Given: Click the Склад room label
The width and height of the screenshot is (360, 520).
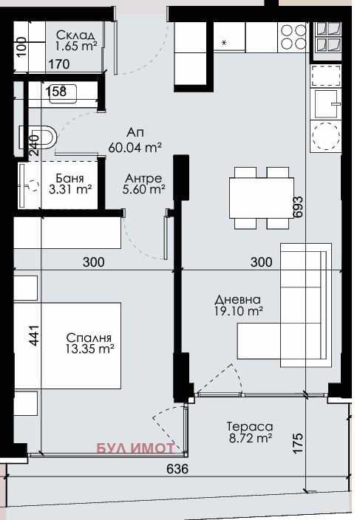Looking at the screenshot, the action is tap(76, 35).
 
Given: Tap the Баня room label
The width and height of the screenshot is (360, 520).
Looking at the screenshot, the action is tap(69, 179).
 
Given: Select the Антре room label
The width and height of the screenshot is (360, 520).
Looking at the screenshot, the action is tap(143, 179).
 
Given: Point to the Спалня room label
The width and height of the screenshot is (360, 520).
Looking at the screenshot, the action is tap(89, 338).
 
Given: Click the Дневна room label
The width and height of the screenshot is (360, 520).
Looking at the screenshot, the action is tap(237, 300).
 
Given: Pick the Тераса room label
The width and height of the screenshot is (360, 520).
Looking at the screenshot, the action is tap(250, 426).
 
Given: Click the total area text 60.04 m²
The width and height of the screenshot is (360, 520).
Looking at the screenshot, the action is tap(135, 148).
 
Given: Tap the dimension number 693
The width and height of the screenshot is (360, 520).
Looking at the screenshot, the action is tap(298, 207).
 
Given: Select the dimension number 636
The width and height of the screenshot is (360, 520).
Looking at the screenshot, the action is tap(177, 469).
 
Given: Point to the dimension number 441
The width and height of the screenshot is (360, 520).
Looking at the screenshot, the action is tap(34, 335).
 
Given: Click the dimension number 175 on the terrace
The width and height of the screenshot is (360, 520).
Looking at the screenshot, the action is tap(298, 443).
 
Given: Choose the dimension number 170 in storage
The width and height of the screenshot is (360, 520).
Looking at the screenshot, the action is tap(59, 64).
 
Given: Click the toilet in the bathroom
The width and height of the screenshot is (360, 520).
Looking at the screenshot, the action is tap(38, 137).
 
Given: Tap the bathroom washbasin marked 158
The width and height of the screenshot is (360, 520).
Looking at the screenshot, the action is tap(63, 94).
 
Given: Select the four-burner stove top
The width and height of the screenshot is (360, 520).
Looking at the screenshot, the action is tap(293, 36).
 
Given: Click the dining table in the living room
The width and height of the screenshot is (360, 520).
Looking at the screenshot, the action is tap(262, 198).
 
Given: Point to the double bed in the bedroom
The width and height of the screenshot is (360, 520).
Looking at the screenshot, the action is tap(68, 345).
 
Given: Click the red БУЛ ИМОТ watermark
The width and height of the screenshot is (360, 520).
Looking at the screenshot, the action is tap(135, 448).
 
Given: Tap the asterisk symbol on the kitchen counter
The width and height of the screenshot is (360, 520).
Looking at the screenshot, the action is tap(224, 42).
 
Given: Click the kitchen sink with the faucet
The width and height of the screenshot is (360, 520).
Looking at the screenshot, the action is tap(327, 104).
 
